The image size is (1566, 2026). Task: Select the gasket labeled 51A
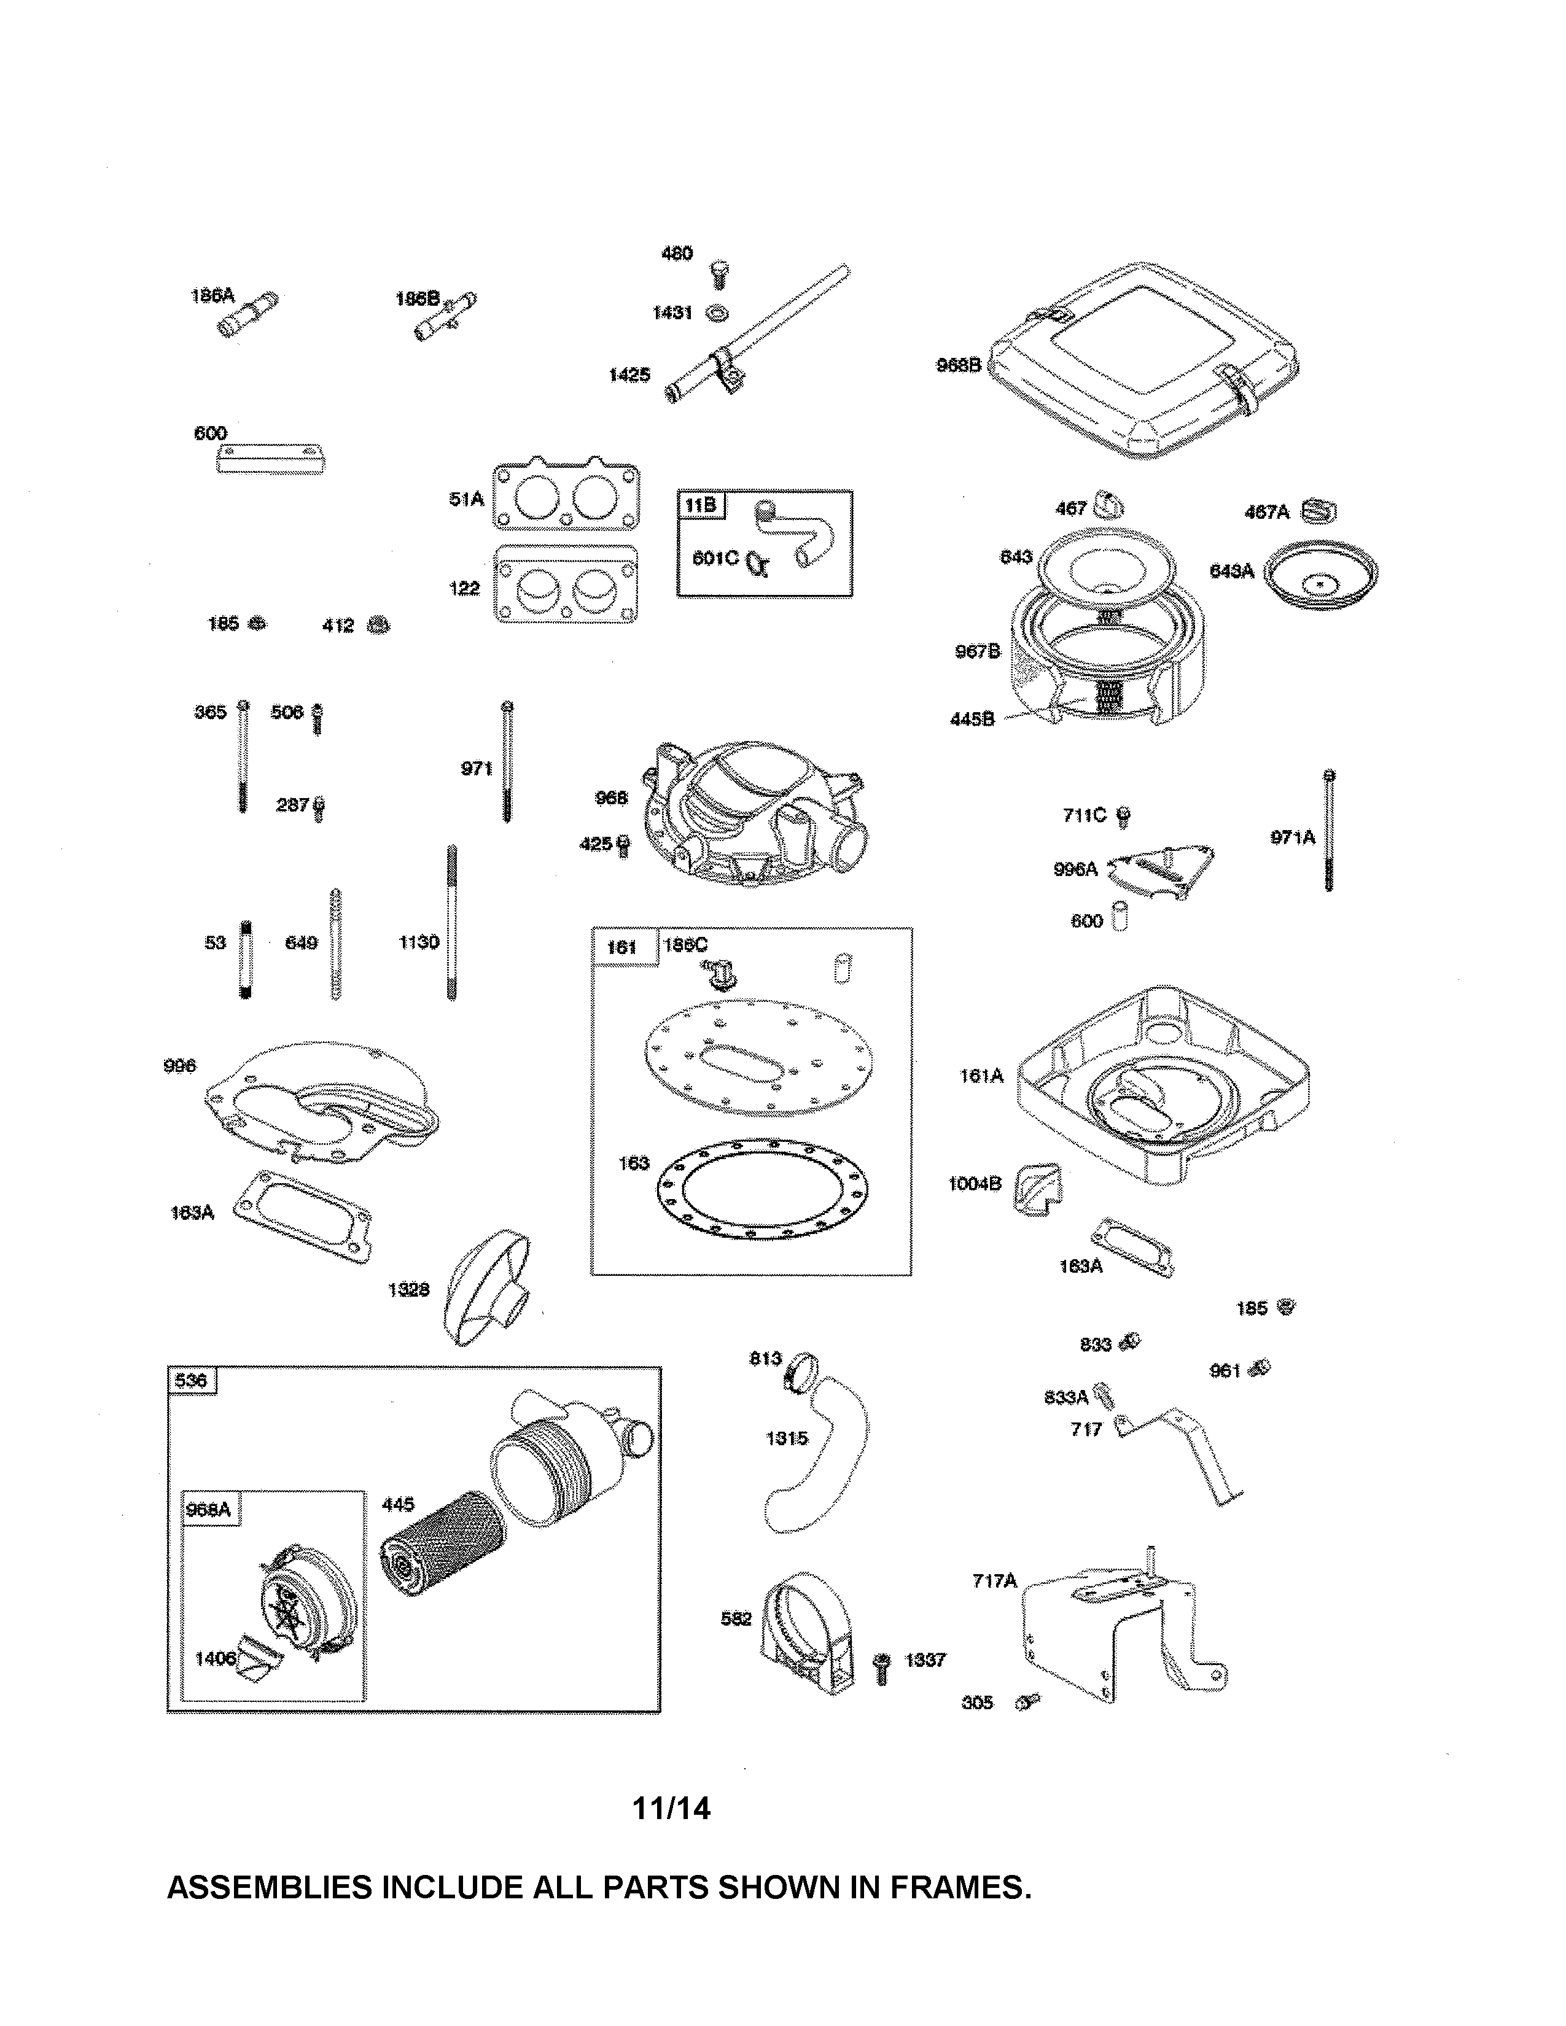(x=566, y=497)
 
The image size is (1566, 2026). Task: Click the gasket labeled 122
(x=567, y=584)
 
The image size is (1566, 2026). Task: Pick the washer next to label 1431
(x=717, y=314)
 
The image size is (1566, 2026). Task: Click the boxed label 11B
(x=701, y=505)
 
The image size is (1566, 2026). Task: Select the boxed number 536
(x=191, y=1380)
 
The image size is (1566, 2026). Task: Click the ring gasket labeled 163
(x=761, y=1187)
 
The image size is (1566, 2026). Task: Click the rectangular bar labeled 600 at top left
(x=271, y=459)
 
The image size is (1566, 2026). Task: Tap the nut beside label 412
(x=378, y=624)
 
